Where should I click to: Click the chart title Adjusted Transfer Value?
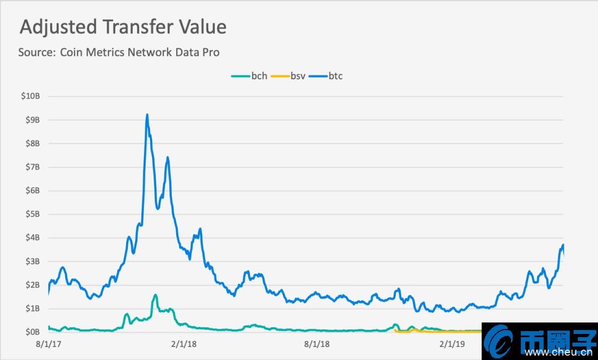point(123,27)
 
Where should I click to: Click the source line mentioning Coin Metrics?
point(119,53)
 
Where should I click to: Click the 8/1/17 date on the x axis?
point(48,344)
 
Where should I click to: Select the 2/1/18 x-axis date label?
point(183,344)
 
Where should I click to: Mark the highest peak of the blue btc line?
point(147,115)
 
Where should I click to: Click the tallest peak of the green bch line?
point(155,295)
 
